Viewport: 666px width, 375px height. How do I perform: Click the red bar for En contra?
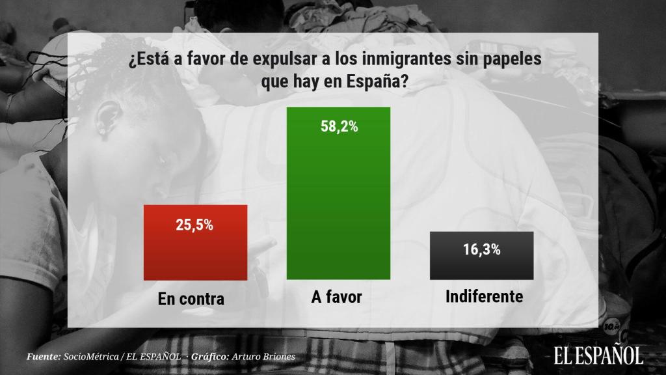[x=194, y=242]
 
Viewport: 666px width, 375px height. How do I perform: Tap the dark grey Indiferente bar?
[x=481, y=256]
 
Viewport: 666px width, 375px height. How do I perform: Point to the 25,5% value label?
[x=194, y=226]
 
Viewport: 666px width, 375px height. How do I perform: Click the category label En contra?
[x=191, y=299]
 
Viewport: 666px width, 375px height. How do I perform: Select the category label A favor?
[x=336, y=298]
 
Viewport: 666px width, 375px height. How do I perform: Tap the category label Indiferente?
[x=485, y=297]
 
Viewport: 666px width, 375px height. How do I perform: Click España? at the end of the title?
[x=382, y=83]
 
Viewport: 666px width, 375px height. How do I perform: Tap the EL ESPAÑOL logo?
[x=598, y=355]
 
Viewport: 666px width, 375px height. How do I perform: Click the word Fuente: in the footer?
[x=44, y=357]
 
